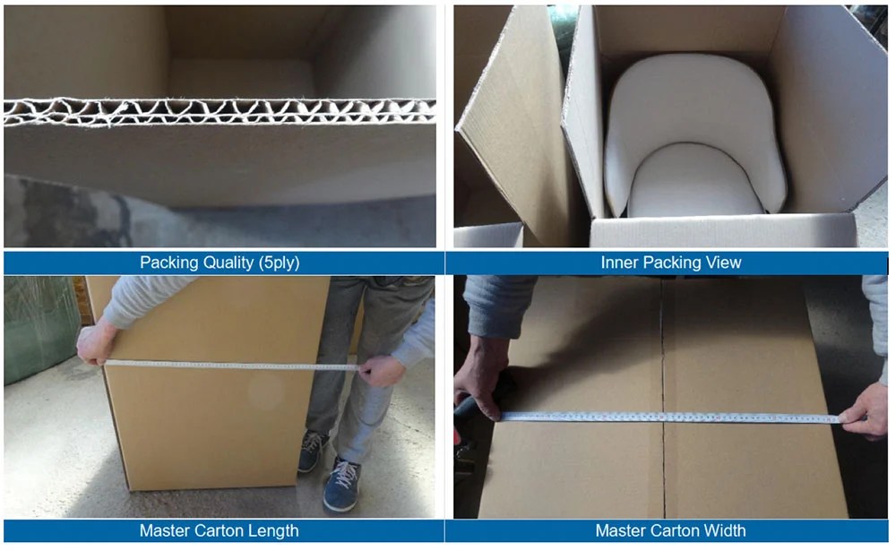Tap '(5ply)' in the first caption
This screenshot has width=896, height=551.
(277, 263)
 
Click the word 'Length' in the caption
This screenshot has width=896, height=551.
(273, 531)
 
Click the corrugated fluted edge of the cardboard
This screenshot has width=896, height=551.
(220, 112)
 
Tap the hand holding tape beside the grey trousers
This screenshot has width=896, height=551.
(382, 369)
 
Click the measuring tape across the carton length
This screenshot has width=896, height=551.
(233, 366)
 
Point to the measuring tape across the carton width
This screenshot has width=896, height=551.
(672, 418)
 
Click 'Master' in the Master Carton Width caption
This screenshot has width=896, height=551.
(621, 531)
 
